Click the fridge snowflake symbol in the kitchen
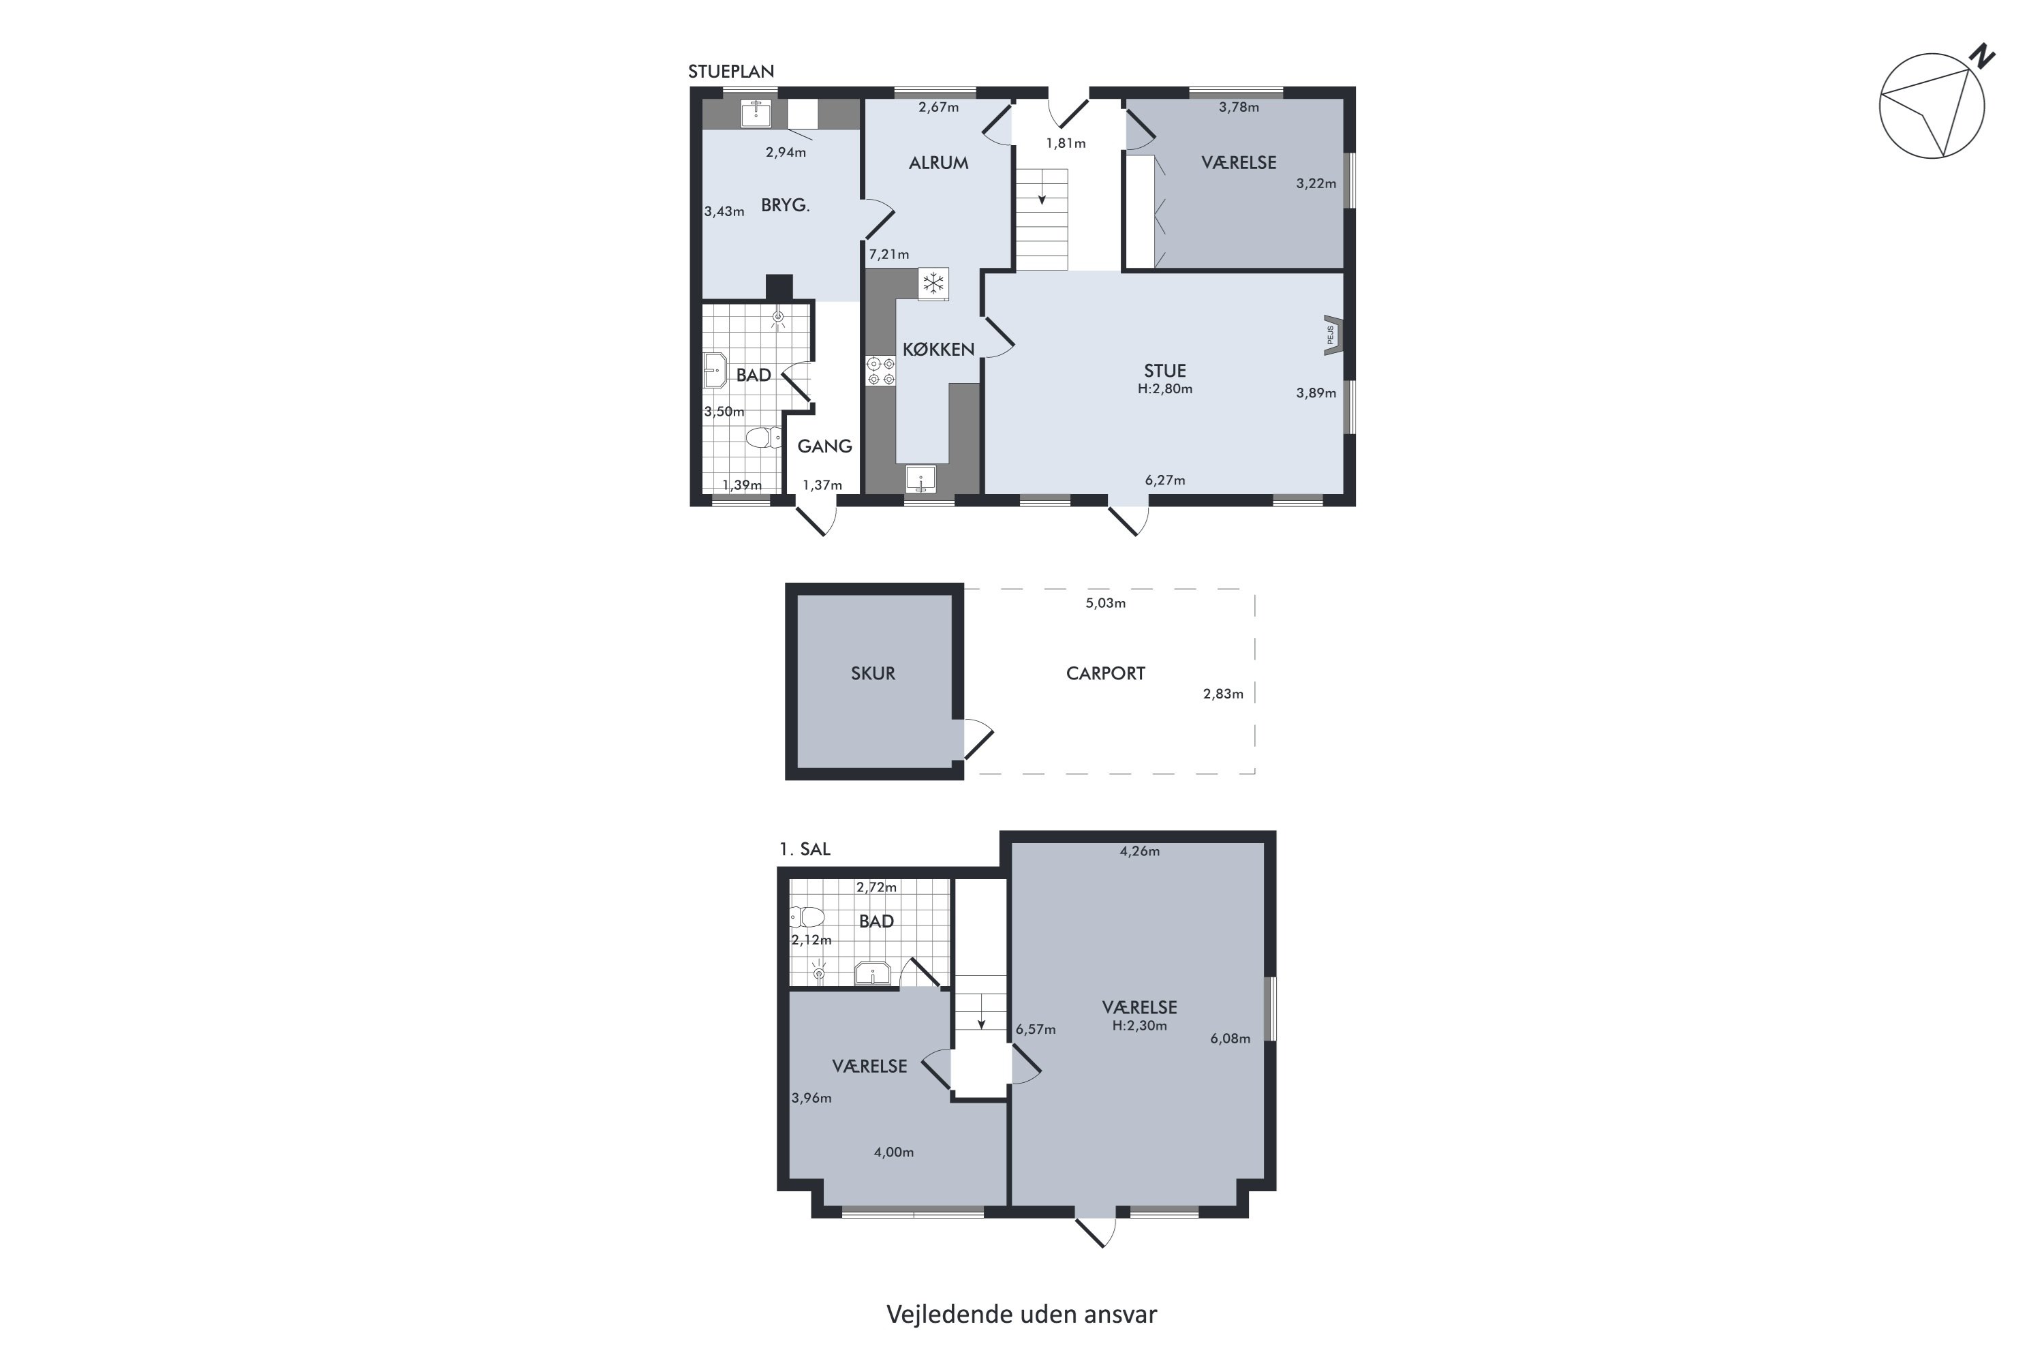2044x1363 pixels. point(933,284)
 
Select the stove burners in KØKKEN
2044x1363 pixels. point(880,371)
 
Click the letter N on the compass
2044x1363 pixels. point(1983,57)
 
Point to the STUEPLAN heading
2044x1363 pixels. point(731,72)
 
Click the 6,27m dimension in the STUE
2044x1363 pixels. point(1164,480)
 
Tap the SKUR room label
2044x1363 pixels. point(873,673)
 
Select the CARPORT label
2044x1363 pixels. point(1105,673)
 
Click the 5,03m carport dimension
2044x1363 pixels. point(1105,603)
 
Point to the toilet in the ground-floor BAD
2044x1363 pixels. point(763,436)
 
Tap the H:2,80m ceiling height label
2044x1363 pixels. point(1164,388)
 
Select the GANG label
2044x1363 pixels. point(824,446)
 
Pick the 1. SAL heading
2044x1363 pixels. point(805,849)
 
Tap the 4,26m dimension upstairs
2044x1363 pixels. point(1139,851)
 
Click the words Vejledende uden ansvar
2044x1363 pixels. point(1021,1313)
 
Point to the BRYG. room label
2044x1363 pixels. point(785,206)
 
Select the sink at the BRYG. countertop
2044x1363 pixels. point(755,113)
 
